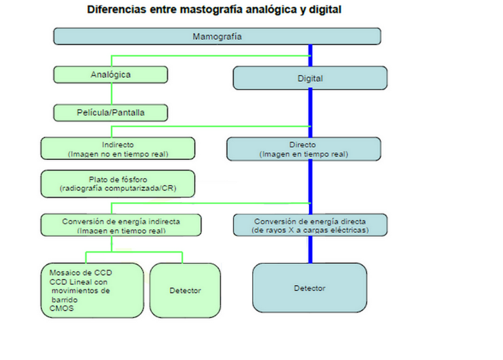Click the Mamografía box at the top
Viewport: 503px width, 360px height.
coord(217,36)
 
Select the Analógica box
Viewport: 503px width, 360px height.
coord(111,75)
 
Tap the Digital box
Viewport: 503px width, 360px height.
coord(310,78)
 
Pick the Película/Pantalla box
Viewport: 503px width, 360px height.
coord(111,113)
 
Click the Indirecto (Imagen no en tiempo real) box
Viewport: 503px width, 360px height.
coord(117,148)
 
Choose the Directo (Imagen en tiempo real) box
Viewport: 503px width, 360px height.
coord(304,149)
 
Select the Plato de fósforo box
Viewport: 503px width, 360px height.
coord(117,184)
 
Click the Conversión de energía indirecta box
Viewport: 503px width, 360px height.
coord(121,225)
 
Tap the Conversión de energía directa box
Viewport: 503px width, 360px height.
coord(310,225)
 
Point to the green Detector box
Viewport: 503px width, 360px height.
coord(185,291)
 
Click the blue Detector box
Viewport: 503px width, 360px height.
coord(310,288)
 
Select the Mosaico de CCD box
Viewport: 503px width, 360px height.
coord(92,291)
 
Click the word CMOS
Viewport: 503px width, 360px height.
coord(62,308)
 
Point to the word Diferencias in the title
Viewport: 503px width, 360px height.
coord(116,9)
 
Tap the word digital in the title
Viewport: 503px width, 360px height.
coord(325,10)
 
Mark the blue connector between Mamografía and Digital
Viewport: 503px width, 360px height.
coord(310,56)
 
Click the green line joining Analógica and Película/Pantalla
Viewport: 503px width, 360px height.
coord(112,94)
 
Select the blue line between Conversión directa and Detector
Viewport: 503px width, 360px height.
coord(310,250)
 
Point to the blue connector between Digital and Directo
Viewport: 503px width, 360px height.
coord(310,114)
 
